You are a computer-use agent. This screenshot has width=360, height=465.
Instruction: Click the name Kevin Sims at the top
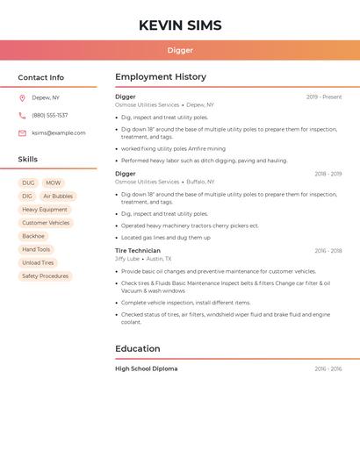(x=180, y=25)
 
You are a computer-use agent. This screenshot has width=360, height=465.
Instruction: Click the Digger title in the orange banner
(x=180, y=51)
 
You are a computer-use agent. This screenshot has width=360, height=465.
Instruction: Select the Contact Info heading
(x=41, y=77)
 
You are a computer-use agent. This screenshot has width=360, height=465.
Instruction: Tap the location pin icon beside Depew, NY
(x=22, y=97)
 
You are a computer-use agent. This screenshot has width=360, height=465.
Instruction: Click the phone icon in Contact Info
(x=22, y=115)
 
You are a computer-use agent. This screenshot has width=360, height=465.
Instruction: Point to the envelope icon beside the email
(x=22, y=133)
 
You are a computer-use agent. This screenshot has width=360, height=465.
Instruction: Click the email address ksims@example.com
(x=59, y=133)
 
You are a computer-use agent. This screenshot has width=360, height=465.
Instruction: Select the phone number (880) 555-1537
(x=50, y=115)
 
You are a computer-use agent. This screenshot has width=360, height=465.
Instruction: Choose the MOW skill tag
(x=54, y=183)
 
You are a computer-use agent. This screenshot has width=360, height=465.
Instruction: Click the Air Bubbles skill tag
(x=58, y=197)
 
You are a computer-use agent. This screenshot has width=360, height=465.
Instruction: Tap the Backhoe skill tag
(x=33, y=236)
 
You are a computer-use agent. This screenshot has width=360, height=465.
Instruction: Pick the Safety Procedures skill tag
(x=45, y=276)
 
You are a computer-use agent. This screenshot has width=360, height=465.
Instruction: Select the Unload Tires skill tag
(x=38, y=263)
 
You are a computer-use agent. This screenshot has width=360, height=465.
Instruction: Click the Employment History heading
(x=161, y=77)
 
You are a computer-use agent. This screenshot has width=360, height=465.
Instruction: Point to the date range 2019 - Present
(x=324, y=97)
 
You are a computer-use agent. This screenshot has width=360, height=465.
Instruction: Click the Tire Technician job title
(x=138, y=251)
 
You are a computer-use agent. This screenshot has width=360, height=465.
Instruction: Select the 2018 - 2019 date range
(x=328, y=174)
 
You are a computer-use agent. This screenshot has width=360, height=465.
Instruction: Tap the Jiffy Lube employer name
(x=127, y=259)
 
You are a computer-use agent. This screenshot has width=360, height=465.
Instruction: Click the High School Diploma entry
(x=146, y=368)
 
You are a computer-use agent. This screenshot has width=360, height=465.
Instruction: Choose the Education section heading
(x=138, y=348)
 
